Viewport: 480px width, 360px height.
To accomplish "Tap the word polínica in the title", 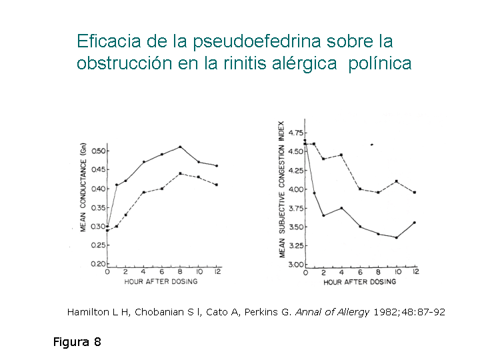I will (380, 64).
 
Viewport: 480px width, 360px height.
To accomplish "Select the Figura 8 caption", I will (77, 342).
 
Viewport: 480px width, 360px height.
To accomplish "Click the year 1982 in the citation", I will (386, 312).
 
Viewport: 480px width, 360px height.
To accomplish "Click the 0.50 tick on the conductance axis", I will (99, 151).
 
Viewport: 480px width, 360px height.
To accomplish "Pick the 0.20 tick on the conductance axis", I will (99, 264).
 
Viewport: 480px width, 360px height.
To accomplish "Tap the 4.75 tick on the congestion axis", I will (295, 132).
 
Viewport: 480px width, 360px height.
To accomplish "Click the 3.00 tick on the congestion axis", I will (295, 265).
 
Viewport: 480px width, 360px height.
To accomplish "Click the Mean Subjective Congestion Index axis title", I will (282, 189).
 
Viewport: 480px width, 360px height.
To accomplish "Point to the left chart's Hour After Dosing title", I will (161, 282).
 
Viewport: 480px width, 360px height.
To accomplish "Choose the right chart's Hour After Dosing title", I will (359, 282).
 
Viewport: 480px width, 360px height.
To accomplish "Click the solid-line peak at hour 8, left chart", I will (180, 147).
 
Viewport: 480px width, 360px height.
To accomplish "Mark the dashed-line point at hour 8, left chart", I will (180, 173).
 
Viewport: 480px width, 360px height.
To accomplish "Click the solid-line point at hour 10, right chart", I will (397, 237).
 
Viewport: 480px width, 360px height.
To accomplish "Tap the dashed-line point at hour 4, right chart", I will (341, 155).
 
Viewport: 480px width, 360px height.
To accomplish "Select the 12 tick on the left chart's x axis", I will (217, 273).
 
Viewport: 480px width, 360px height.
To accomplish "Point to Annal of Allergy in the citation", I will (331, 312).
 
